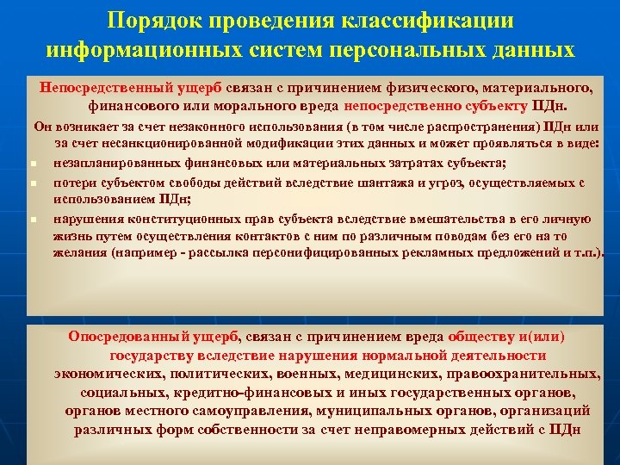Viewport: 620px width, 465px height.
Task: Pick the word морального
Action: [266, 107]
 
